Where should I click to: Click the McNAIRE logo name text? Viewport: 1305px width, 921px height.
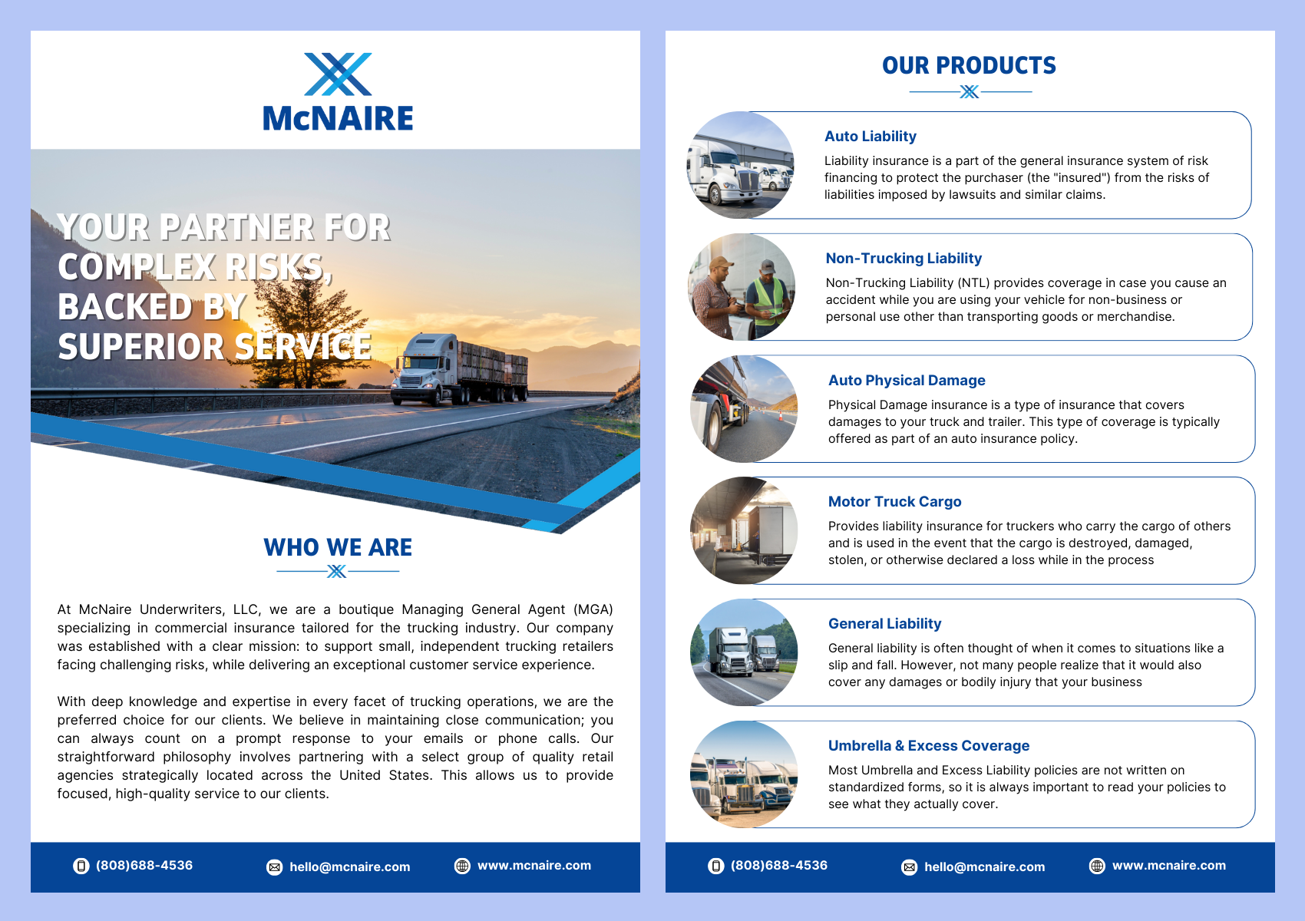click(338, 119)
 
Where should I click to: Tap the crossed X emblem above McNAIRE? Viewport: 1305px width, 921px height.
click(338, 74)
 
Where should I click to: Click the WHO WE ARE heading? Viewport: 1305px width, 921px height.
click(338, 547)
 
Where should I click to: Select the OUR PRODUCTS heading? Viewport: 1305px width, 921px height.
click(969, 66)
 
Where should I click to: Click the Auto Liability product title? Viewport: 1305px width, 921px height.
click(870, 137)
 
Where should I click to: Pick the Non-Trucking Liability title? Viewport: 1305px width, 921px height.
click(904, 259)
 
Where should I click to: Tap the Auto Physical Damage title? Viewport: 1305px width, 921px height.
click(907, 381)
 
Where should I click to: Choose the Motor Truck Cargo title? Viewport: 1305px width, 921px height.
click(894, 502)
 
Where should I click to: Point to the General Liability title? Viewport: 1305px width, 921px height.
click(884, 624)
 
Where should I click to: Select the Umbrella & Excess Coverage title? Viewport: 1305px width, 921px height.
click(928, 746)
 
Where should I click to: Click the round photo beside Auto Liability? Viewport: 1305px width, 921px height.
click(741, 165)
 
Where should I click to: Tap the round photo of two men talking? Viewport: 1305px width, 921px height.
click(742, 287)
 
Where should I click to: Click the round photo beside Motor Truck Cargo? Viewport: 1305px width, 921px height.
click(744, 530)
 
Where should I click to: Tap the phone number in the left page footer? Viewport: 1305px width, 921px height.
click(144, 866)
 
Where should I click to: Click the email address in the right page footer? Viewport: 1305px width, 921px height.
click(984, 867)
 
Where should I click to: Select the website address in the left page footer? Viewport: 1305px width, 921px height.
click(534, 866)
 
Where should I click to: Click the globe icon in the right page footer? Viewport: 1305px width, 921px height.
click(1098, 867)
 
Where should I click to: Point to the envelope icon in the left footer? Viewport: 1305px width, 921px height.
click(274, 867)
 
